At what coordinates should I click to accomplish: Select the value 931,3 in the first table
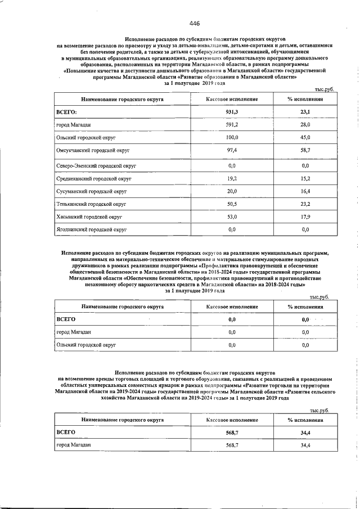tap(232, 112)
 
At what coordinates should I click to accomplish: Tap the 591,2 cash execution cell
tap(232, 124)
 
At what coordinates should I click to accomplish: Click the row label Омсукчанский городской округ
tap(93, 151)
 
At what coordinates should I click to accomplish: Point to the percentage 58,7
tap(305, 151)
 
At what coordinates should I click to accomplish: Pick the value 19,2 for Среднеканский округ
tap(232, 179)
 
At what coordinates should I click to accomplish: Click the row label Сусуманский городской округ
tap(90, 192)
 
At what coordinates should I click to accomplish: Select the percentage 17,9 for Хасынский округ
tap(305, 217)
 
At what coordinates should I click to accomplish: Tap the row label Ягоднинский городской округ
tap(92, 229)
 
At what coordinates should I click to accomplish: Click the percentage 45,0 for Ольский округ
tap(305, 137)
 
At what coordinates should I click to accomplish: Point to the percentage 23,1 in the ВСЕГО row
tap(305, 112)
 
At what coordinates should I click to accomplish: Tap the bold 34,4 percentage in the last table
tap(305, 432)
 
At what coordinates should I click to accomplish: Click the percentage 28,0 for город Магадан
tap(305, 124)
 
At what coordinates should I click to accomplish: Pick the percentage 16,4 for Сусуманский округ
tap(305, 192)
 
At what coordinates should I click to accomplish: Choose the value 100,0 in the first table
tap(232, 137)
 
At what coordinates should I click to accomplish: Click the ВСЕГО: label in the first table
tap(67, 112)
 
